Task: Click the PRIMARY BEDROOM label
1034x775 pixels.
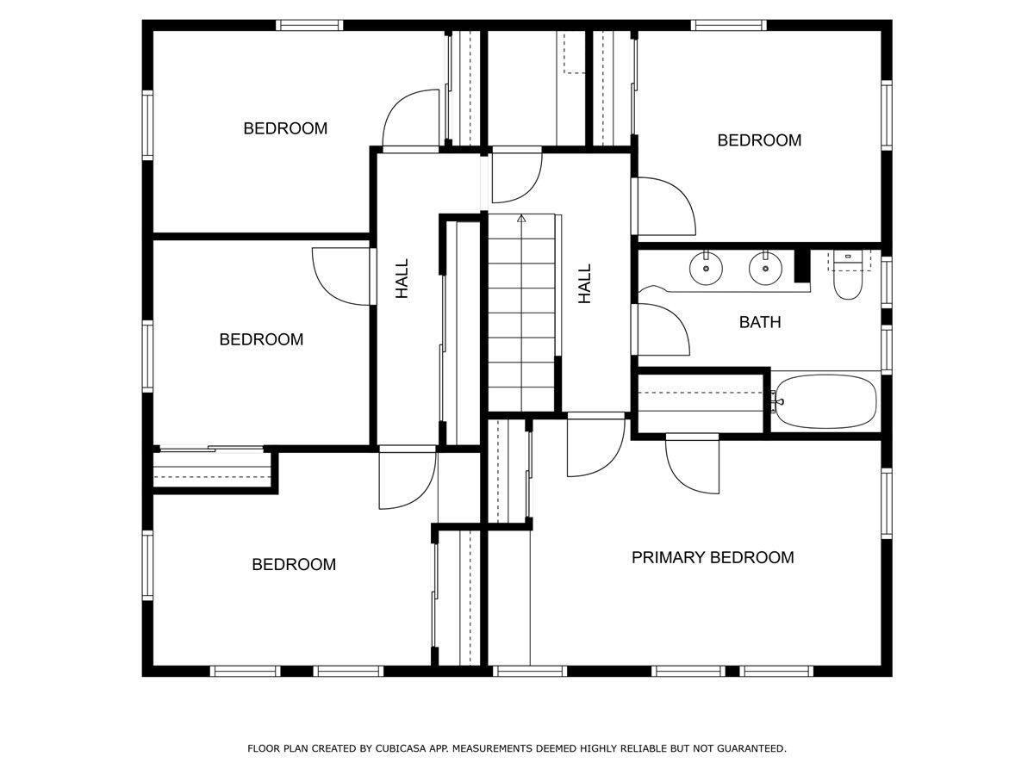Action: (713, 557)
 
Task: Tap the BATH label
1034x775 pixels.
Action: (760, 322)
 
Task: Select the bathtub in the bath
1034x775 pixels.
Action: (825, 401)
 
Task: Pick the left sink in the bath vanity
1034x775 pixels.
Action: (706, 269)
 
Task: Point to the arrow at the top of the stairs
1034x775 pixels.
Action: (521, 219)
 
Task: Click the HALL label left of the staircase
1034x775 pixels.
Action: (402, 280)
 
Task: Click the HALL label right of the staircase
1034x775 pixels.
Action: (585, 283)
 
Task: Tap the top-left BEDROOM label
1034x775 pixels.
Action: (285, 128)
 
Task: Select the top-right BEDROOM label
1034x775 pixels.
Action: (759, 139)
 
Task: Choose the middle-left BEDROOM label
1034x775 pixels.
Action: (261, 339)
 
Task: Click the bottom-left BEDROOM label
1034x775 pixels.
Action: (294, 564)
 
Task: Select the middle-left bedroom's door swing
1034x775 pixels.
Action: (340, 276)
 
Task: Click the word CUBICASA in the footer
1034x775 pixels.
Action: (402, 749)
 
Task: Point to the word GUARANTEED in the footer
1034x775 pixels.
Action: (750, 749)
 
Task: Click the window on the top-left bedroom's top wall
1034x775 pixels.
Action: (309, 25)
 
